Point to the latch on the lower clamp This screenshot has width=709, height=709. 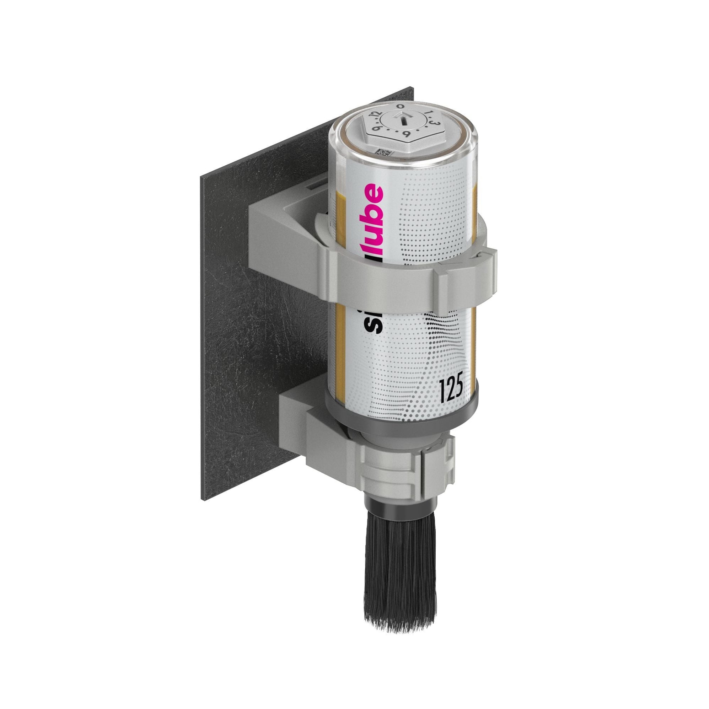pyautogui.click(x=438, y=464)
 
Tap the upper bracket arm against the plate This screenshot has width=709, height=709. pyautogui.click(x=279, y=235)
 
